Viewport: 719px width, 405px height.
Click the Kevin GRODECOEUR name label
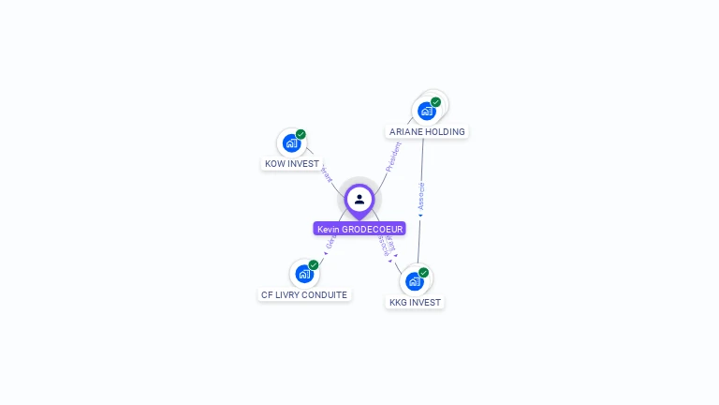(x=359, y=229)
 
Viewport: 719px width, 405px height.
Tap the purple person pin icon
(x=359, y=200)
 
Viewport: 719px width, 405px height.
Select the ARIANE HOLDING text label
(x=427, y=132)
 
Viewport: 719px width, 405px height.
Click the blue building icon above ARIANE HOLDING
(x=427, y=111)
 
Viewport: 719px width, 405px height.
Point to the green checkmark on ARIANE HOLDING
(x=436, y=102)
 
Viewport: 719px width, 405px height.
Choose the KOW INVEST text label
(x=292, y=164)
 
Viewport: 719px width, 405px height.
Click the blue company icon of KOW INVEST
(x=291, y=143)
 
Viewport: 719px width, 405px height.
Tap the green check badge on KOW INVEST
(x=301, y=134)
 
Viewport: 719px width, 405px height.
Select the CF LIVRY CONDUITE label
(x=304, y=294)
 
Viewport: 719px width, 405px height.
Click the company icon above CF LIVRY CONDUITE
(x=303, y=274)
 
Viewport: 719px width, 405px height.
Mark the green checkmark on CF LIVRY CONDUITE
(x=314, y=264)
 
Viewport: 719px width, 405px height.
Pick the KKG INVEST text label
(x=415, y=303)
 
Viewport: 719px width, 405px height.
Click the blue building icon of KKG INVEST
(x=415, y=280)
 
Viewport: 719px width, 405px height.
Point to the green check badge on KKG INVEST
(x=424, y=272)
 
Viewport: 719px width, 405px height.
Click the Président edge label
(x=392, y=157)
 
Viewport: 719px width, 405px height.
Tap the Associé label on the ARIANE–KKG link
(x=421, y=196)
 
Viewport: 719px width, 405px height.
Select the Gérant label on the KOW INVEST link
(x=326, y=173)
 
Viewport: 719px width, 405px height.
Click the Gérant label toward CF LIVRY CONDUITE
(x=330, y=243)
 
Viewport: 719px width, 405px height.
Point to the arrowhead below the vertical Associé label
(x=420, y=216)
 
